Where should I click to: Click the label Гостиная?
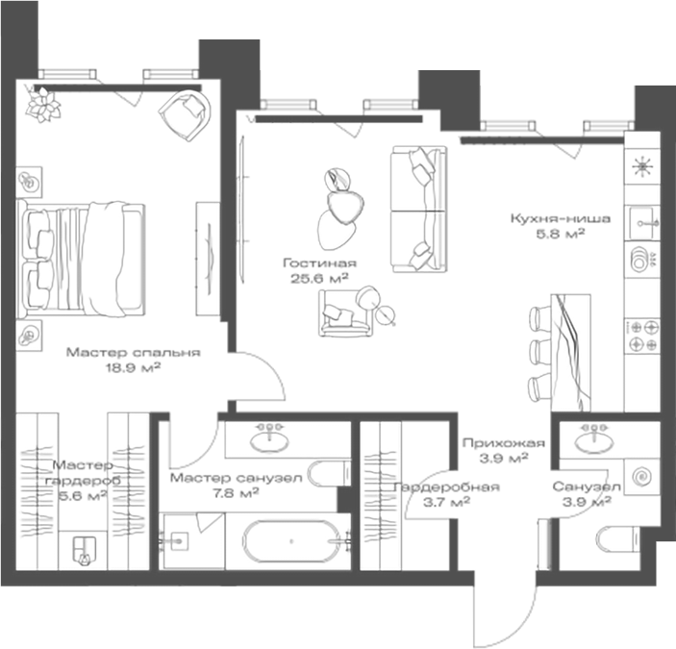click(x=319, y=262)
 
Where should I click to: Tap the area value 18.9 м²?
click(x=134, y=367)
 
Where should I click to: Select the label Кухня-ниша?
click(x=561, y=218)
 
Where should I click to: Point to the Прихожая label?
click(x=504, y=442)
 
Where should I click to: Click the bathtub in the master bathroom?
click(x=291, y=540)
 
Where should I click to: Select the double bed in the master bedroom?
click(x=81, y=260)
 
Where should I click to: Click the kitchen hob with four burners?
click(x=642, y=337)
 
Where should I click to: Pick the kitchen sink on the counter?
click(x=642, y=223)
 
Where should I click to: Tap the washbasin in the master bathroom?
click(x=270, y=439)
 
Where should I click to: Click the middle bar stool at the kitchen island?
click(x=540, y=350)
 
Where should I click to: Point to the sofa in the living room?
click(x=418, y=209)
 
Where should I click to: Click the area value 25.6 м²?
click(x=319, y=279)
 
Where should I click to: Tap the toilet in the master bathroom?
click(x=329, y=473)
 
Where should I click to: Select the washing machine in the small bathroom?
click(x=642, y=477)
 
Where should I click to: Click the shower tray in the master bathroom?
click(x=192, y=541)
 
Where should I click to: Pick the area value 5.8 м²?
click(x=560, y=234)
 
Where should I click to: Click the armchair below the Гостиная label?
click(x=346, y=312)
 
